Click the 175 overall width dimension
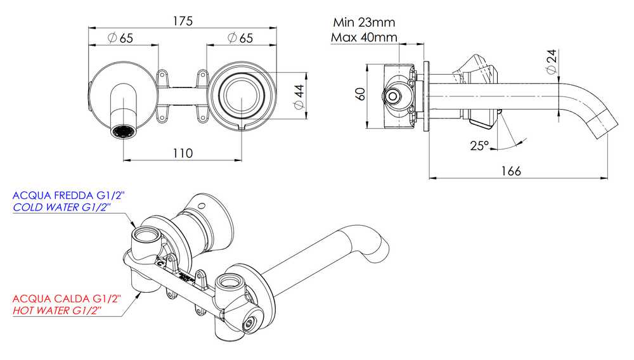[183, 20]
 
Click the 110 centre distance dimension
[183, 153]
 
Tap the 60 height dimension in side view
[361, 94]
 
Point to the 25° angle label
[479, 145]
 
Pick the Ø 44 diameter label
[297, 96]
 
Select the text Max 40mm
[363, 37]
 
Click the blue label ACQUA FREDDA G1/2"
[67, 196]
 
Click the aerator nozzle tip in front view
[123, 132]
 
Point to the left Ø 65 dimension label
[120, 38]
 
